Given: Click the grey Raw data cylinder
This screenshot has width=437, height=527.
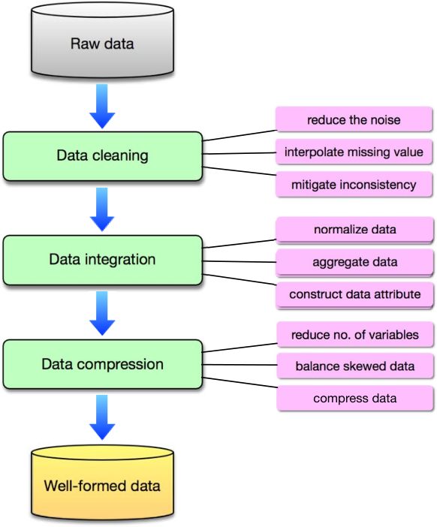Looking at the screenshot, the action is pyautogui.click(x=103, y=41).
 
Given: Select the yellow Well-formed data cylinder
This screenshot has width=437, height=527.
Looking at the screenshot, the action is pyautogui.click(x=103, y=484).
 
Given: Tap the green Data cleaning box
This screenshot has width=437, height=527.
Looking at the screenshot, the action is pyautogui.click(x=103, y=156).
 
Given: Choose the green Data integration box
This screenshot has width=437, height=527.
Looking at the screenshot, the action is pyautogui.click(x=103, y=260).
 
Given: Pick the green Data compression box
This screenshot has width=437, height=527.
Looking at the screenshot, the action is pyautogui.click(x=103, y=364).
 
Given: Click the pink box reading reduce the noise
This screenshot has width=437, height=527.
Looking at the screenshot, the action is pyautogui.click(x=354, y=119).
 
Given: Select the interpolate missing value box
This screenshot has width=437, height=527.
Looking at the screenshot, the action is pyautogui.click(x=354, y=152).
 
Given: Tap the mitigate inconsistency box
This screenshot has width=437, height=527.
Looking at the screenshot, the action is pyautogui.click(x=354, y=184).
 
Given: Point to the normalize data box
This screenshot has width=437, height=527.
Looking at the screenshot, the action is pyautogui.click(x=354, y=230).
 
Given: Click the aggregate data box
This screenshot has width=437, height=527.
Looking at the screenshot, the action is pyautogui.click(x=354, y=262).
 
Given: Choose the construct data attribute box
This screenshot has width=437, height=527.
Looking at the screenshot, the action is pyautogui.click(x=354, y=295).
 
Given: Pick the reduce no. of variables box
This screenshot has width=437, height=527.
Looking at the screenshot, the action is pyautogui.click(x=355, y=334).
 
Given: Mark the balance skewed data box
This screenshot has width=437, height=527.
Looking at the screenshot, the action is pyautogui.click(x=355, y=366).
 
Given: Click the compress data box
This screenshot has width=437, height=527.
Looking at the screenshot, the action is pyautogui.click(x=355, y=399).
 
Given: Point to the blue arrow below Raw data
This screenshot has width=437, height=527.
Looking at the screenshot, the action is pyautogui.click(x=102, y=106).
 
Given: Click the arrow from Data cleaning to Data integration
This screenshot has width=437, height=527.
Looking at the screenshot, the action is pyautogui.click(x=102, y=209).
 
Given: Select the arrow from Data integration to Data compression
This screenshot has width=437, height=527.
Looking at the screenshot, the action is pyautogui.click(x=102, y=313).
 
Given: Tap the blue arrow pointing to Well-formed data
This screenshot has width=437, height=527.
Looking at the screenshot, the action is pyautogui.click(x=102, y=417).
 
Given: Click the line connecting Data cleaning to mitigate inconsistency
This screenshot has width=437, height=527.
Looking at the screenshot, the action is pyautogui.click(x=240, y=171).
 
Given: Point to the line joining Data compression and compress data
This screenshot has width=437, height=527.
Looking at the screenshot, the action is pyautogui.click(x=240, y=383).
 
